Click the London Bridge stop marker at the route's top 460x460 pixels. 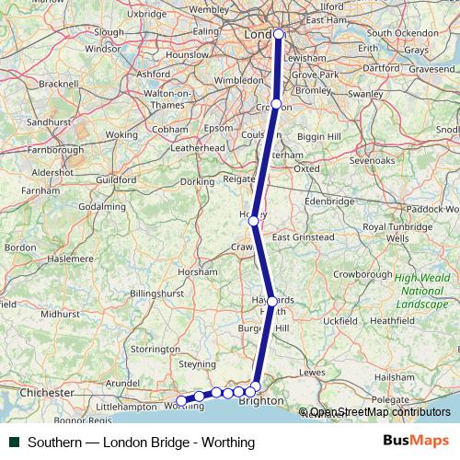tap(279, 35)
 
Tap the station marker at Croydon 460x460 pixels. tap(276, 105)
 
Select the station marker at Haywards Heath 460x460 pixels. tap(271, 301)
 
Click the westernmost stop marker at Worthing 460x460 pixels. tap(181, 402)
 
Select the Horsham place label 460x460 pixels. tap(199, 273)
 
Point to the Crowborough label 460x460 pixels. tap(362, 273)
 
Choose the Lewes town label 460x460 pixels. tap(312, 372)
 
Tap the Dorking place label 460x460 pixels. tap(196, 182)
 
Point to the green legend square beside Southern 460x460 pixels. tap(14, 443)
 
